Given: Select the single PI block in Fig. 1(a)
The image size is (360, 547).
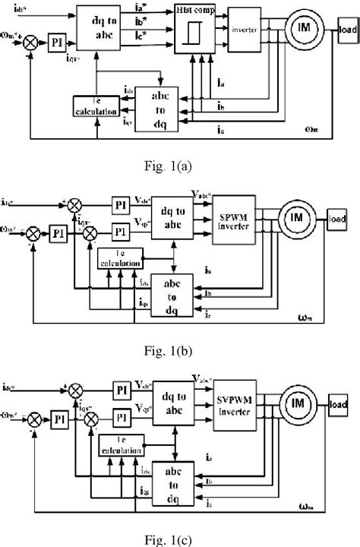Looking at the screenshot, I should tap(57, 37).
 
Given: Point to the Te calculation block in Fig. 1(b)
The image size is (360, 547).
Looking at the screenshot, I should tap(120, 259).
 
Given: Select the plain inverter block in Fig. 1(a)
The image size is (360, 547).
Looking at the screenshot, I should tap(251, 32).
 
